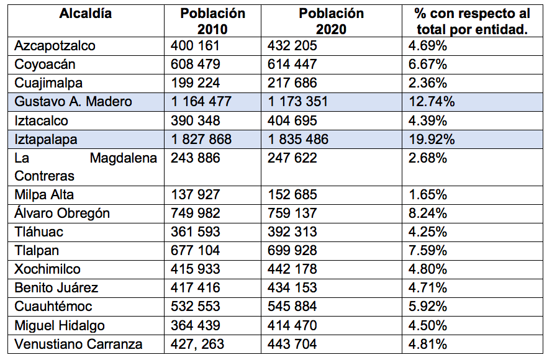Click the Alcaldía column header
86,14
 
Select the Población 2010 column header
212,21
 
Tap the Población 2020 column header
331,21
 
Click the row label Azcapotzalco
55,45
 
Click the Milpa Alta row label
44,195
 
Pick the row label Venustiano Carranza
78,344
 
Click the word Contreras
44,176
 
